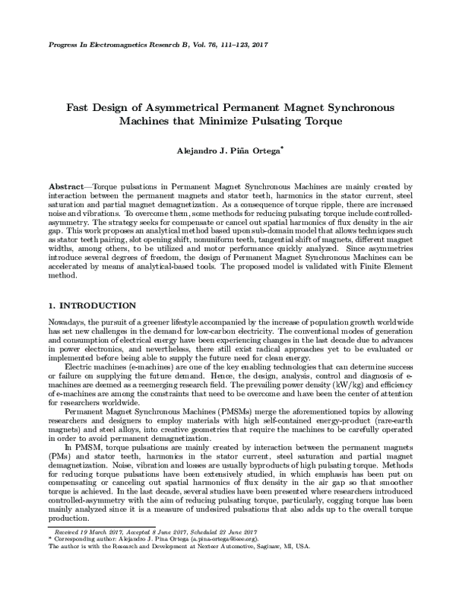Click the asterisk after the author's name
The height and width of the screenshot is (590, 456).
tap(282, 149)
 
